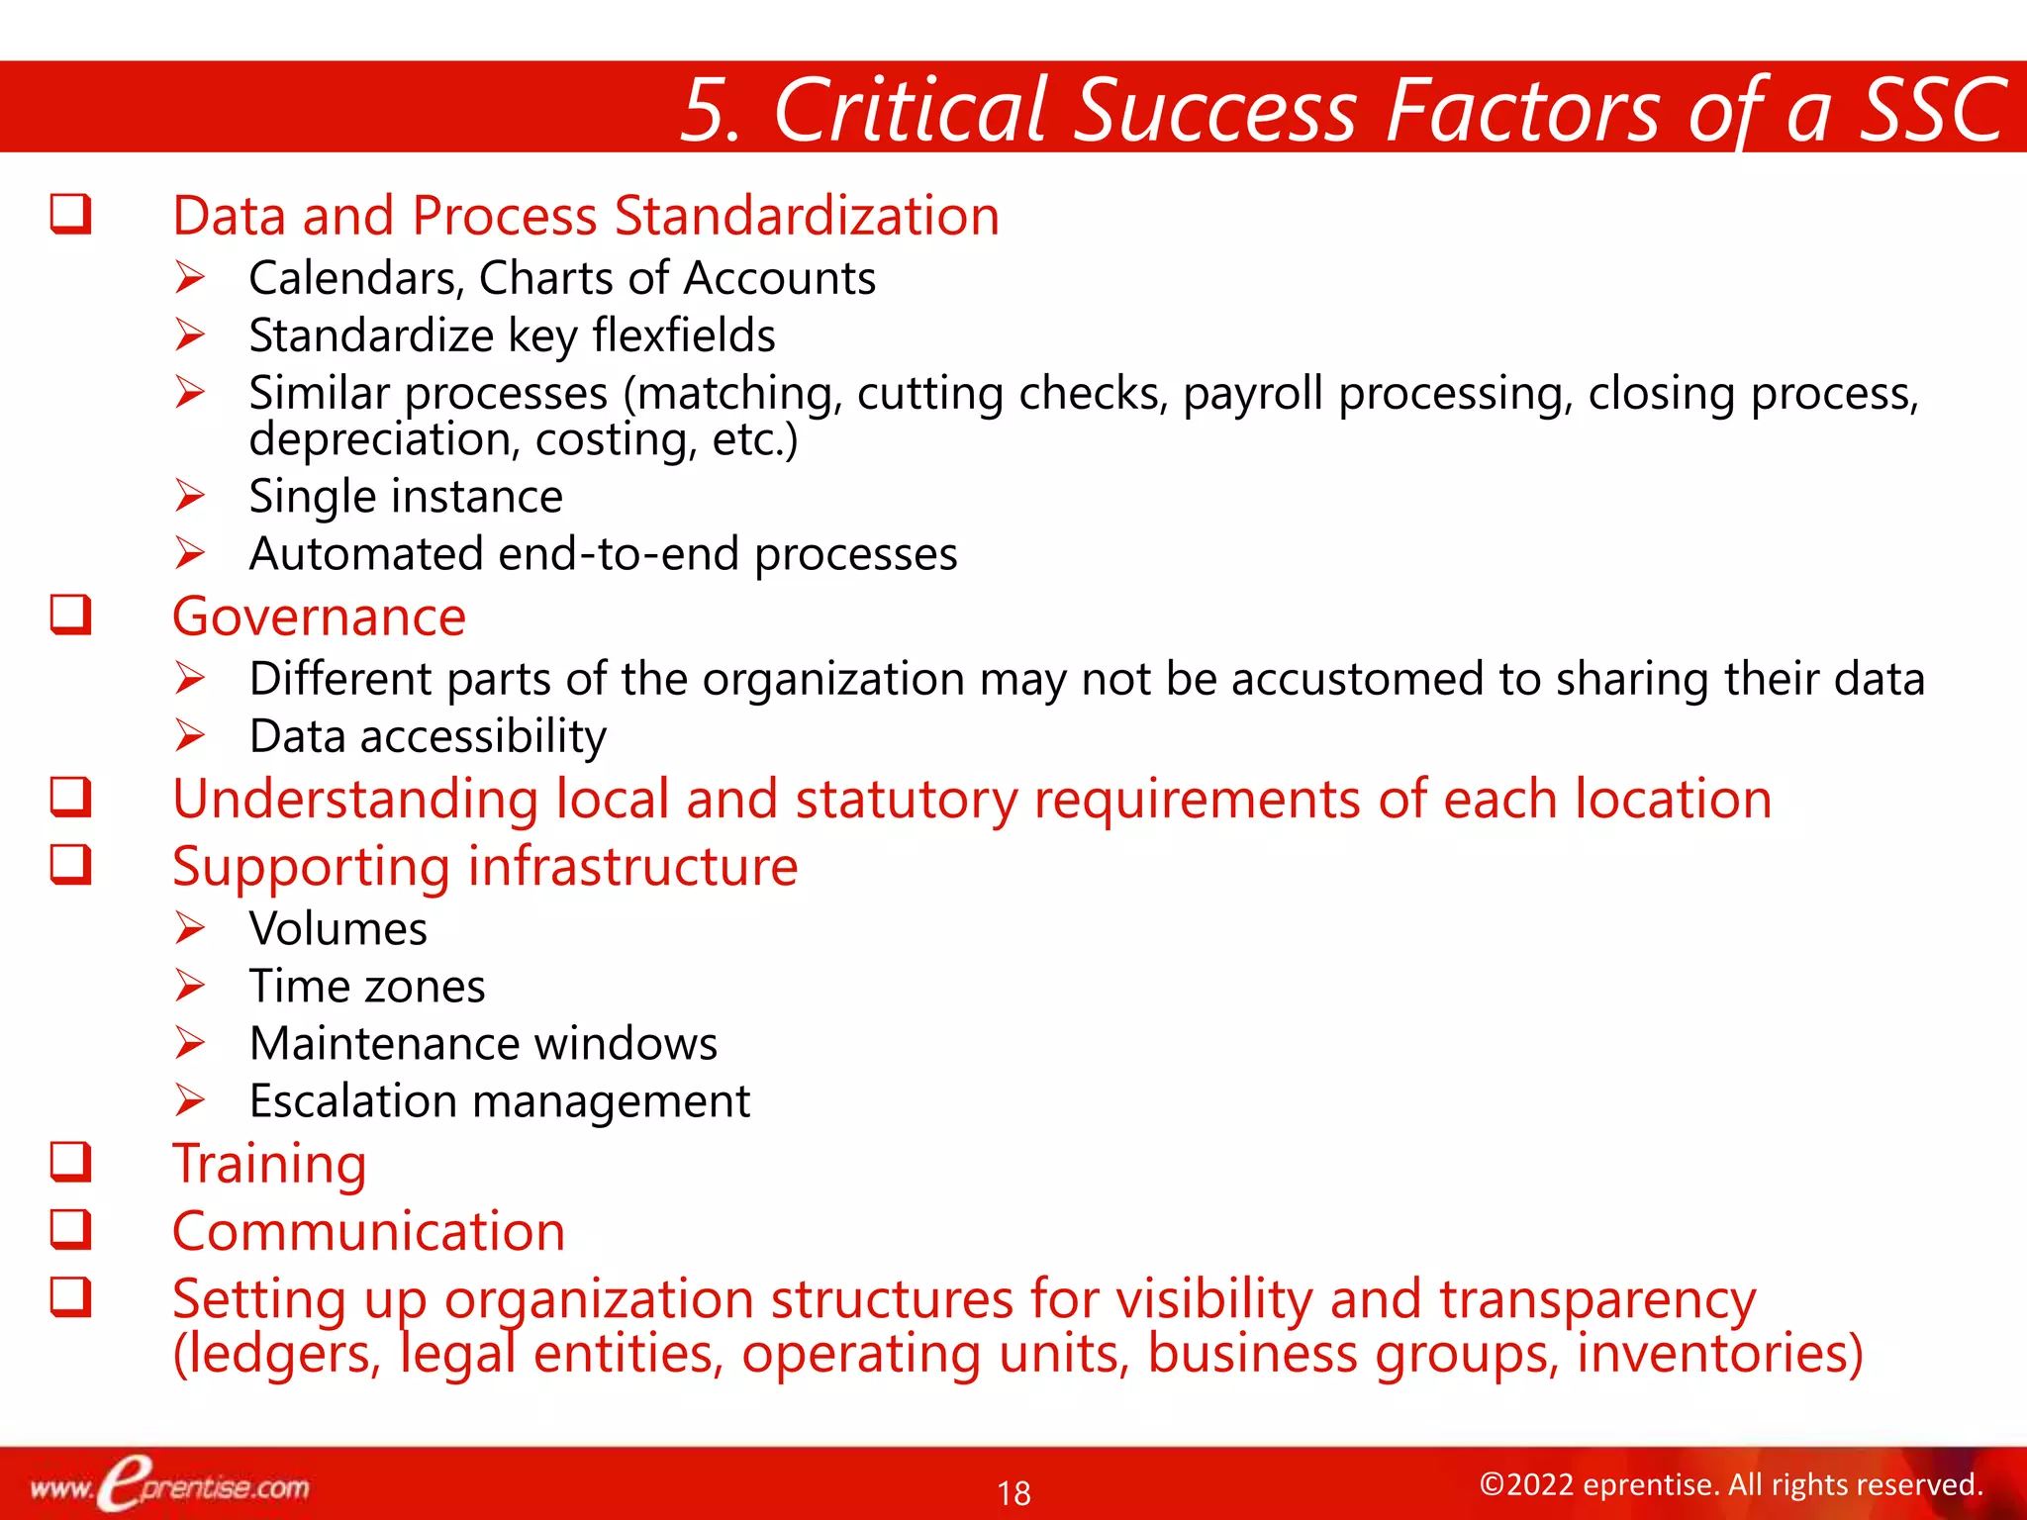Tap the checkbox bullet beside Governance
pyautogui.click(x=71, y=615)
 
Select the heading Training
pyautogui.click(x=269, y=1164)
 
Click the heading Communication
pyautogui.click(x=368, y=1231)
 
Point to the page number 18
pyautogui.click(x=1013, y=1492)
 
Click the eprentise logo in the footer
pyautogui.click(x=168, y=1484)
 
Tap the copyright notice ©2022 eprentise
pyautogui.click(x=1730, y=1484)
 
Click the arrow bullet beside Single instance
pyautogui.click(x=190, y=495)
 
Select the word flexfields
pyautogui.click(x=683, y=335)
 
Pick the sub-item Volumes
pyautogui.click(x=338, y=928)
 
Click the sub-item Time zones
pyautogui.click(x=366, y=986)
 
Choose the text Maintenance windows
pyautogui.click(x=483, y=1043)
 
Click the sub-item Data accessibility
pyautogui.click(x=428, y=736)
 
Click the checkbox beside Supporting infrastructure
pyautogui.click(x=71, y=864)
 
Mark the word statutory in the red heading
pyautogui.click(x=906, y=799)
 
